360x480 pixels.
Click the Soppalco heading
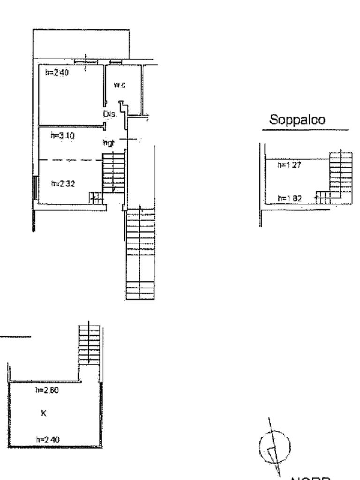(x=298, y=120)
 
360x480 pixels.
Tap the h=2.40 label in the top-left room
(x=57, y=73)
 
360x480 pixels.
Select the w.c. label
(x=119, y=85)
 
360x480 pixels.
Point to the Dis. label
(x=109, y=114)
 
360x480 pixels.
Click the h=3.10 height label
(x=62, y=136)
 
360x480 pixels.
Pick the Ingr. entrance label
(x=108, y=142)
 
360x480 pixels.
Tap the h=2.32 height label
(x=62, y=183)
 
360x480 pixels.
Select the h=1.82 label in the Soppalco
(x=290, y=199)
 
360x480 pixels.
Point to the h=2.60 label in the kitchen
(x=47, y=390)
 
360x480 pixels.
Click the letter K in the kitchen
(x=44, y=413)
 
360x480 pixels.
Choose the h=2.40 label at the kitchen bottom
(x=47, y=439)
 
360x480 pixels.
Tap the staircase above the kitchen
(x=89, y=345)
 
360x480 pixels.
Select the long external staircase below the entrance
(x=140, y=253)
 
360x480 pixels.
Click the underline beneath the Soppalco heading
(x=305, y=130)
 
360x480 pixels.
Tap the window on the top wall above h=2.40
(x=86, y=61)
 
